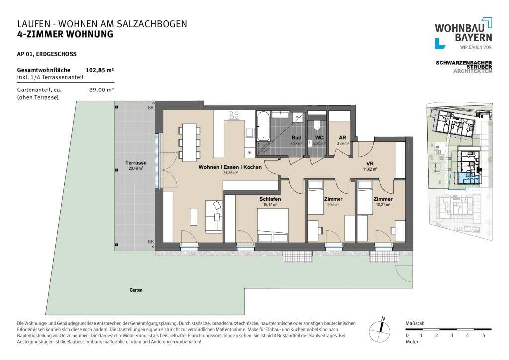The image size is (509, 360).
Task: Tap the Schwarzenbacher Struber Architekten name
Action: pos(463,67)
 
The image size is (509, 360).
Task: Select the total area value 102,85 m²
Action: pos(100,70)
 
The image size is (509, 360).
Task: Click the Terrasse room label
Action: pos(135,163)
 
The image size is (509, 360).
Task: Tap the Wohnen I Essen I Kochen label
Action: pos(230,167)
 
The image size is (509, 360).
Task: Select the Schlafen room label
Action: pos(268,199)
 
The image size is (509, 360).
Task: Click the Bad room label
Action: pos(296,138)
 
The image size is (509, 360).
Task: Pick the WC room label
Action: pos(319,138)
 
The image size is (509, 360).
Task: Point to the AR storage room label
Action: pos(342,138)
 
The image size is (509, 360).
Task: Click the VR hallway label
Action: pos(370,164)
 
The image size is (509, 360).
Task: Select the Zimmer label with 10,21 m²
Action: pos(383,199)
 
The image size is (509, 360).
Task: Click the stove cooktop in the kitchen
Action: pos(234,115)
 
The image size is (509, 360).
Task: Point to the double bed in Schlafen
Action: pos(272,222)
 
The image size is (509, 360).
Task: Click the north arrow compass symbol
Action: pos(381,328)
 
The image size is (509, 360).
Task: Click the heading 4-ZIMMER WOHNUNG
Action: pos(65,34)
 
